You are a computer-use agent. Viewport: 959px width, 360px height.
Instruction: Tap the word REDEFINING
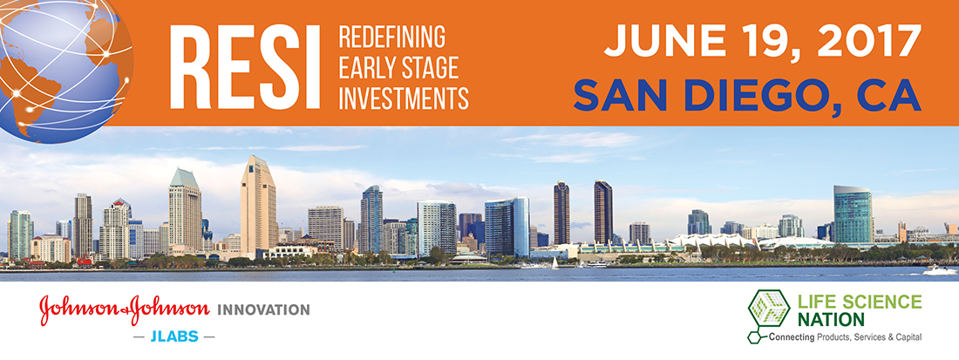[392, 37]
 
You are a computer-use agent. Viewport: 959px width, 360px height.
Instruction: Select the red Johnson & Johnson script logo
[125, 310]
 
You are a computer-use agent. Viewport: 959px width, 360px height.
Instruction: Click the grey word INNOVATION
[263, 310]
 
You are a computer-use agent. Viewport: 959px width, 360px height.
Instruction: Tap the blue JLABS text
[174, 336]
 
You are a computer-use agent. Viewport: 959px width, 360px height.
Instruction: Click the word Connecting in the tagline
[792, 336]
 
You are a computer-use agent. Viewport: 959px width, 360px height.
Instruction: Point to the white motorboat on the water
[940, 269]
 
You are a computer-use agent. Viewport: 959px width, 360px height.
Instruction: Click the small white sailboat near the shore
[554, 263]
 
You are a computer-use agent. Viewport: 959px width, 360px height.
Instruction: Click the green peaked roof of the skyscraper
[184, 179]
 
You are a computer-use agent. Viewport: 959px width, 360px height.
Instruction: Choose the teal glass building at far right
[853, 215]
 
